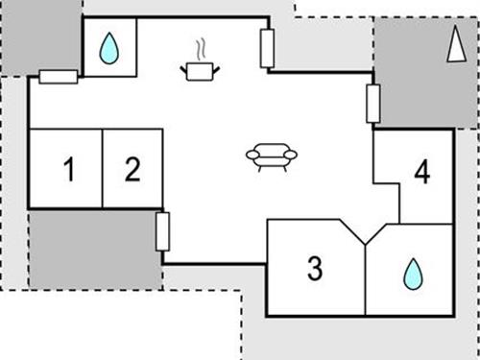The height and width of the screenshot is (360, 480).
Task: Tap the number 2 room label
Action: point(132,170)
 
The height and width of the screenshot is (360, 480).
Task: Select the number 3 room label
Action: point(315,268)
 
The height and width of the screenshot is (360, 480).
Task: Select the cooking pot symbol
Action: point(200,70)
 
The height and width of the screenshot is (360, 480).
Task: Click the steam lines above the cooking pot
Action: point(200,48)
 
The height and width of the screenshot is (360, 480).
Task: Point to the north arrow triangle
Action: point(453,43)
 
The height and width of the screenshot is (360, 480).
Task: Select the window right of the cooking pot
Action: point(268,47)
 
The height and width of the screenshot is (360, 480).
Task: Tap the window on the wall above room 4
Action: point(373,103)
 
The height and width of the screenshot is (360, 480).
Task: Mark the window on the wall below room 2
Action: point(162,231)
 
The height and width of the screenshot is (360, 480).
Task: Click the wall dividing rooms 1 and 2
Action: point(102,168)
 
